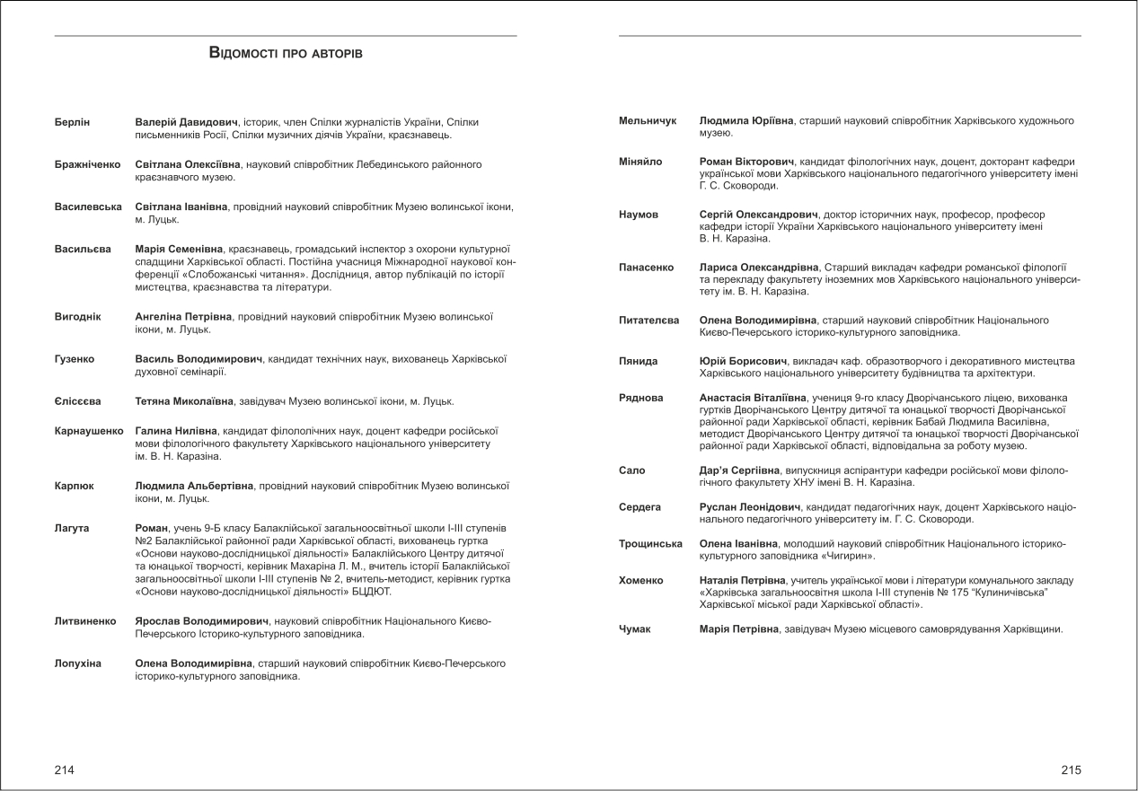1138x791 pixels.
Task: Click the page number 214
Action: (x=65, y=769)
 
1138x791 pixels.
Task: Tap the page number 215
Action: (x=1072, y=769)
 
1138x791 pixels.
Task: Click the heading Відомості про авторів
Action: (x=286, y=54)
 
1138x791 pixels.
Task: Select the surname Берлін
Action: (x=73, y=121)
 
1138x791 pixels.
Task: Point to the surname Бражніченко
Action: (x=88, y=164)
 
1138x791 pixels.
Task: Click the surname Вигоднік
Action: (x=78, y=316)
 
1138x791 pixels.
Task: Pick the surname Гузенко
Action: (x=76, y=359)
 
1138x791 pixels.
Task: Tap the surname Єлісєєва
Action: (x=78, y=401)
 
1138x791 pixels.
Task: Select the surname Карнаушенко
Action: (x=89, y=430)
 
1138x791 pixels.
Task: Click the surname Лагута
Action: (x=72, y=527)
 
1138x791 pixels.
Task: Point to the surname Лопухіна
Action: (x=78, y=663)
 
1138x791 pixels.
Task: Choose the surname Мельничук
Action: (x=648, y=120)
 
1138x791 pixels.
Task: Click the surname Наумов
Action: (x=639, y=215)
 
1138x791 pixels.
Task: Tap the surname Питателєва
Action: (x=649, y=320)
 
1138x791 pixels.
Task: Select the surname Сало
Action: (x=632, y=470)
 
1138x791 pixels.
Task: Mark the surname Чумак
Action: (x=635, y=628)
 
